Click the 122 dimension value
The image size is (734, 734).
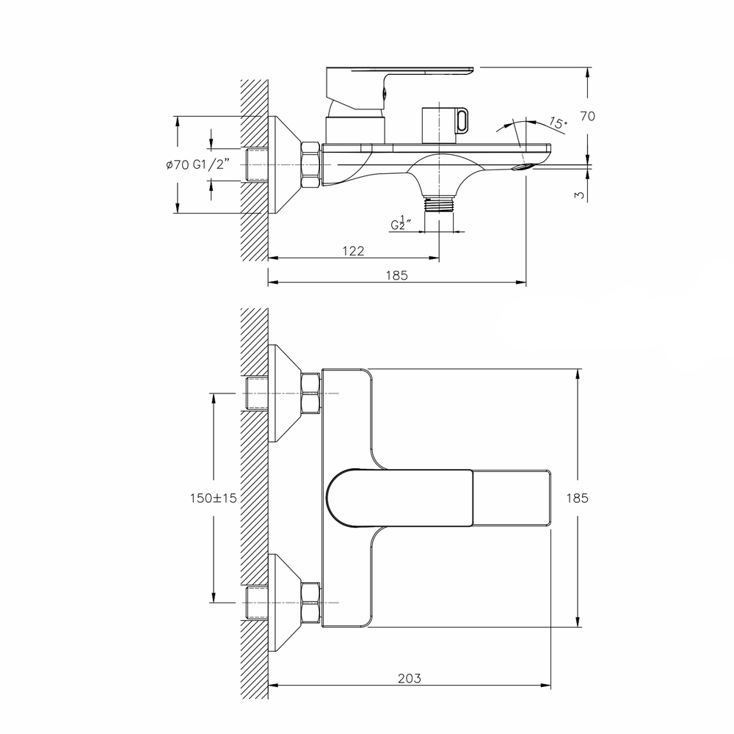tap(353, 251)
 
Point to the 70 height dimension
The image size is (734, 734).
tap(587, 116)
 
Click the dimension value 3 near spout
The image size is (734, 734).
tap(580, 195)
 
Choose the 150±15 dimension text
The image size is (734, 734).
tap(213, 498)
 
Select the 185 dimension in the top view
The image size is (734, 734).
tap(396, 276)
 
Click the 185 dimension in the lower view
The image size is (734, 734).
tap(577, 498)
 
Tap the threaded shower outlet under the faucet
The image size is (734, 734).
tap(439, 203)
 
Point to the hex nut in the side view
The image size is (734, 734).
tap(310, 164)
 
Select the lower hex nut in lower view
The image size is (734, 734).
tap(310, 602)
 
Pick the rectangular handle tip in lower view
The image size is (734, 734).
tap(511, 498)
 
